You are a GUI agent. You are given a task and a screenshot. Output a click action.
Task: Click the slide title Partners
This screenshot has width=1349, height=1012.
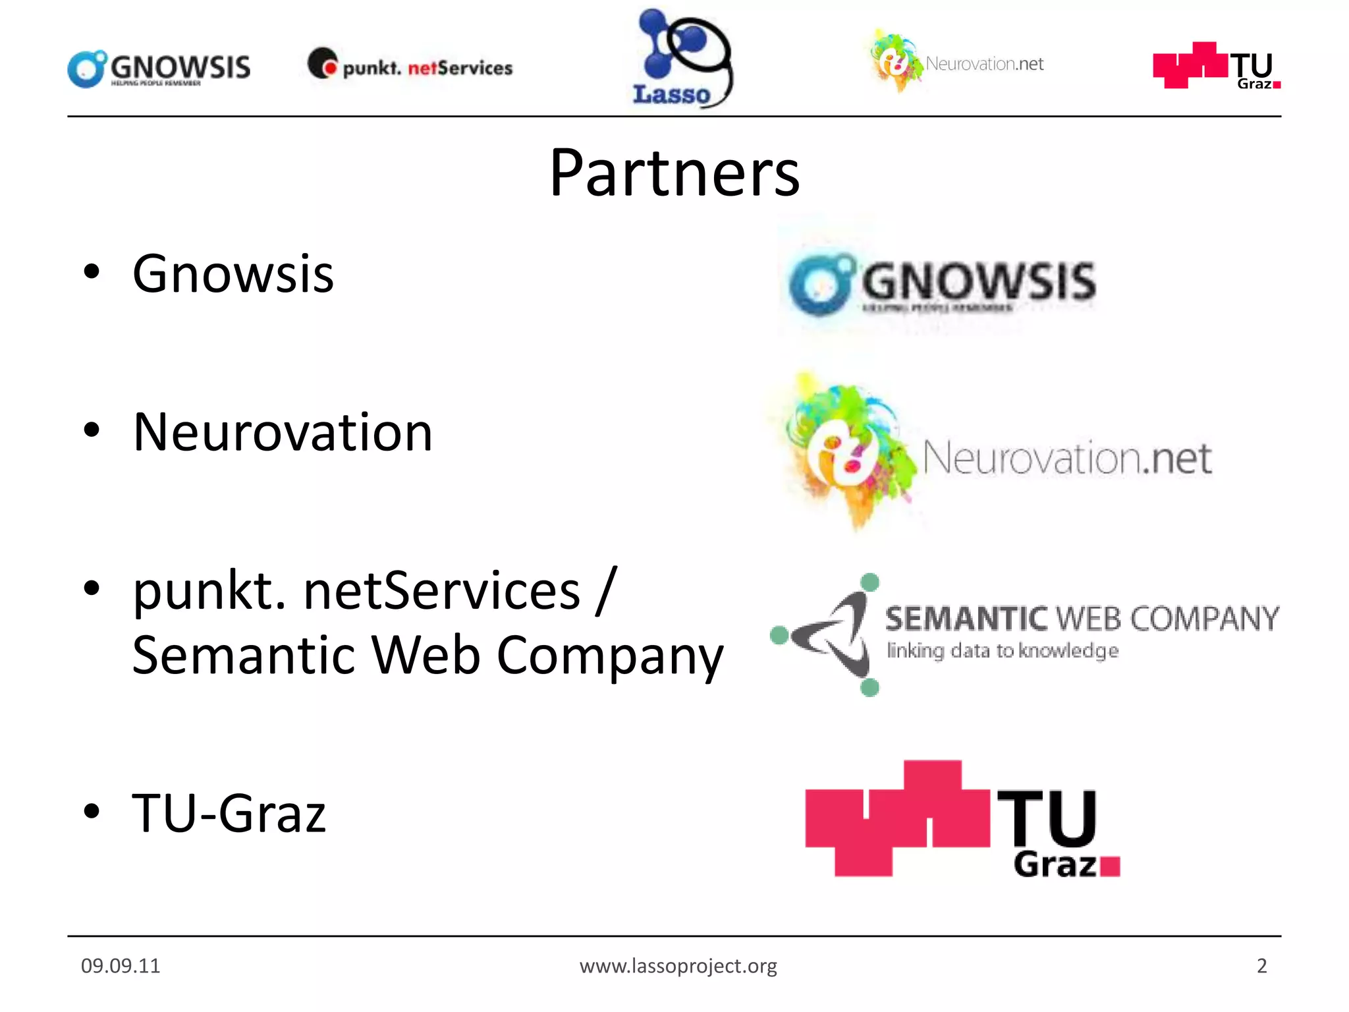(674, 173)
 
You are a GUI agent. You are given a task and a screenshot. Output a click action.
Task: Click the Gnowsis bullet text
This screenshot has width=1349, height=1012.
(233, 274)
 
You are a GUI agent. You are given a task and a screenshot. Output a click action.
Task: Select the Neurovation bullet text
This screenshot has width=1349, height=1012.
(283, 432)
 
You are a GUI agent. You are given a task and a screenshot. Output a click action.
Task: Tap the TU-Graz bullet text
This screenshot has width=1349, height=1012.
(229, 814)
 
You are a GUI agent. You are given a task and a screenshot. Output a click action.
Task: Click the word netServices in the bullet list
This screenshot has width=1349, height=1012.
(441, 591)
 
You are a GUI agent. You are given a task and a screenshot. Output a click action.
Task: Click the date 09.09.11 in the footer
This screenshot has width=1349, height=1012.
(121, 966)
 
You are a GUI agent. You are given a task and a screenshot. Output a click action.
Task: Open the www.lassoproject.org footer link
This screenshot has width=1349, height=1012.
(678, 966)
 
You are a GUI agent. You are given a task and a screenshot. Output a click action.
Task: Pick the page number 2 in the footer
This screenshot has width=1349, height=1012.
(1261, 966)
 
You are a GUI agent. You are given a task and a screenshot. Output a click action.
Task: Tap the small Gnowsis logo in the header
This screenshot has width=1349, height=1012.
(159, 68)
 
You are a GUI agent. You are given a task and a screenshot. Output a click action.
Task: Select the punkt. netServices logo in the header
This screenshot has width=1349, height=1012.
(410, 66)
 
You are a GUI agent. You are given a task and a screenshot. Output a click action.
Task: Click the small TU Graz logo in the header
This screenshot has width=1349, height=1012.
(1216, 67)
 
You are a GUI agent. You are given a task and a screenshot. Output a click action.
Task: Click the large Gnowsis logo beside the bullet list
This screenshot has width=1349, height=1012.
(942, 283)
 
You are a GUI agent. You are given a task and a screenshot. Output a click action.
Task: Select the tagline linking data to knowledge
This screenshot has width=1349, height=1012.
(1002, 651)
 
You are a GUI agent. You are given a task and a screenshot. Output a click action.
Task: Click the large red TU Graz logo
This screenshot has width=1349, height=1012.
(962, 820)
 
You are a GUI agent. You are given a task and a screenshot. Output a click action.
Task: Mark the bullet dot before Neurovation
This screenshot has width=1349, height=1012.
(92, 431)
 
